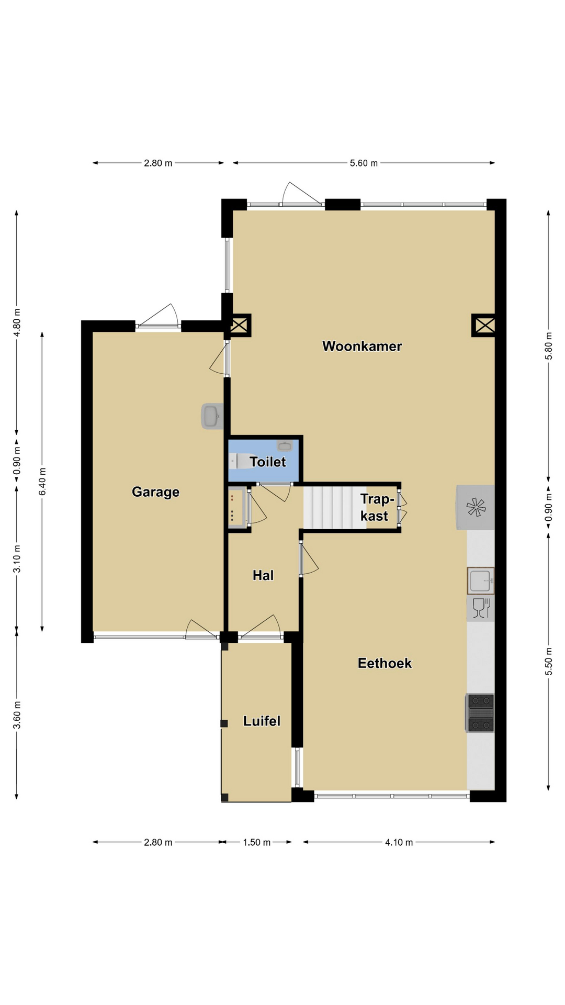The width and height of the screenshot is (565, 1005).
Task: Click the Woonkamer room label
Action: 362,346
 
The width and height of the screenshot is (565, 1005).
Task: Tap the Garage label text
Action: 155,492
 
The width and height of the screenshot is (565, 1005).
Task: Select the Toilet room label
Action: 268,462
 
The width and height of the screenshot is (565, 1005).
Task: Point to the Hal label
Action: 263,575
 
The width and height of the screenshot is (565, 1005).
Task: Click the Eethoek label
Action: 385,663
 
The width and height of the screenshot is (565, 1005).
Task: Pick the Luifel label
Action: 262,721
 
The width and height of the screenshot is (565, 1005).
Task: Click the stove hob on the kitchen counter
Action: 480,712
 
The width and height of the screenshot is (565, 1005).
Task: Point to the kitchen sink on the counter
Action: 480,581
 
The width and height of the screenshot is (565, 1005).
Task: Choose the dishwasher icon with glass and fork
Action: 480,608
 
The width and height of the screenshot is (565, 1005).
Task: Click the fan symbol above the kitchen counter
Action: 476,507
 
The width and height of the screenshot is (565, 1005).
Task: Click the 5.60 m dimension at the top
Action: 364,163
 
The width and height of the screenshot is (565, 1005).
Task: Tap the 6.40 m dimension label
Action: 42,481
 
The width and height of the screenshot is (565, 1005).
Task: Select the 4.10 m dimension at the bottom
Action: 399,842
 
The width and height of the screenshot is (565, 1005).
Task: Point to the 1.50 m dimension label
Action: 256,842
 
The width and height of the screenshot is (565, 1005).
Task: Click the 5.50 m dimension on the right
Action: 549,662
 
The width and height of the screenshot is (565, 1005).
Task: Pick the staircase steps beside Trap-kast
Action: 335,507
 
